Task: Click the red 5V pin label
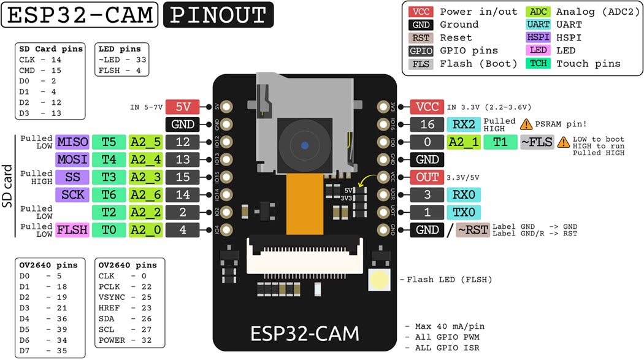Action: (x=183, y=107)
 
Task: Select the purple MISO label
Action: (x=72, y=142)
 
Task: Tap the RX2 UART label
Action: (x=463, y=124)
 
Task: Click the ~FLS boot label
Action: (x=537, y=142)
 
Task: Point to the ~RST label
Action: (x=473, y=230)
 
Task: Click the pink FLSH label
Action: (x=72, y=230)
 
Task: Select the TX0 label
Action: (x=463, y=212)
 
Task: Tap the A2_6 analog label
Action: (x=145, y=195)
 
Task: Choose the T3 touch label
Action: (x=109, y=177)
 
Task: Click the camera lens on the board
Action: (x=304, y=146)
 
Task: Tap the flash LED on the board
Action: (x=380, y=280)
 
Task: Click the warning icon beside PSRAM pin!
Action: (x=526, y=124)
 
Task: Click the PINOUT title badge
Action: (x=218, y=15)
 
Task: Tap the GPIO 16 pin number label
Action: (x=427, y=124)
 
